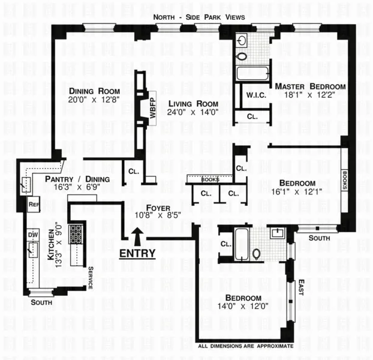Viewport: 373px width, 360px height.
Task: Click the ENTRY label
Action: coord(137,253)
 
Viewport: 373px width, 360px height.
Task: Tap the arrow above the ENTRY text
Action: coord(137,236)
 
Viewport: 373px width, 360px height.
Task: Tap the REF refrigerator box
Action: coord(34,204)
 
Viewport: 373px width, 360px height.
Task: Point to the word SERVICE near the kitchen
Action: coord(91,278)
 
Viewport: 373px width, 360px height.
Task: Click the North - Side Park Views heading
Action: coord(199,17)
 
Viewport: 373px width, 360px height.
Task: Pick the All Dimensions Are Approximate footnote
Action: coord(246,346)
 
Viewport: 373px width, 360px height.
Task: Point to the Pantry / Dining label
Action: coord(77,179)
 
